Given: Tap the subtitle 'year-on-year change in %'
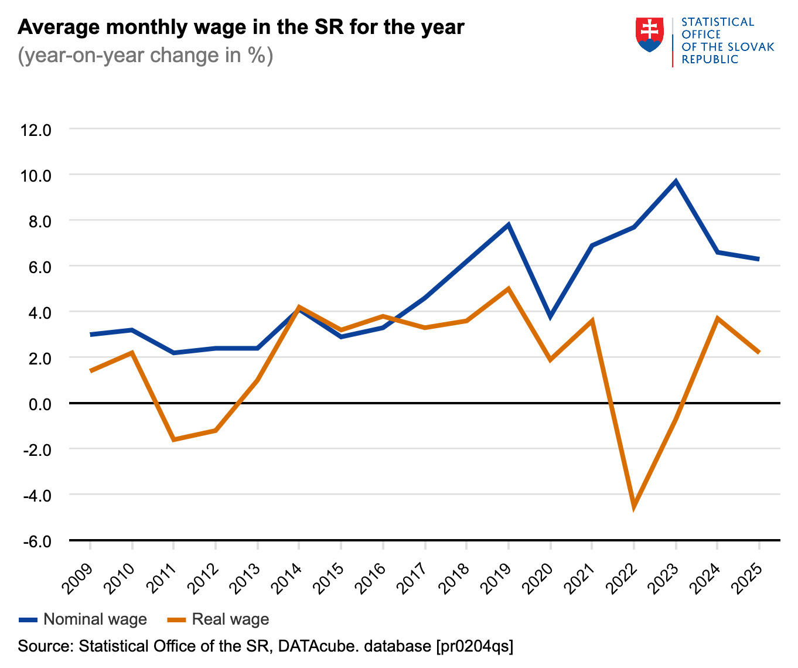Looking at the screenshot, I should pos(145,56).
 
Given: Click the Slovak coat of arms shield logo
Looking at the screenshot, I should pos(650,35).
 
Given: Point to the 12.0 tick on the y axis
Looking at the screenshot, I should pos(36,129).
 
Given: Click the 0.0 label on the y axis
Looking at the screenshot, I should pos(36,404).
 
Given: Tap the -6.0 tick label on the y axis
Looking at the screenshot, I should pos(36,541).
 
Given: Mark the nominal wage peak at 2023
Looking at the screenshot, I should pos(676,181).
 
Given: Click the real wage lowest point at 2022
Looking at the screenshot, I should pos(634,507).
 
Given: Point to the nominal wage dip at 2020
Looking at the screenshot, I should pos(550,317).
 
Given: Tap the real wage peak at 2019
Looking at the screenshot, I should pos(508,288).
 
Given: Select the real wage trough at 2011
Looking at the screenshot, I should pos(174,439).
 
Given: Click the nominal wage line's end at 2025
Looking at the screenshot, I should pos(759,259).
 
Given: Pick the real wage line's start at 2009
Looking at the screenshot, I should pos(90,371).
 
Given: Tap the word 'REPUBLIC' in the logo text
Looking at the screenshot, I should pos(710,59).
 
